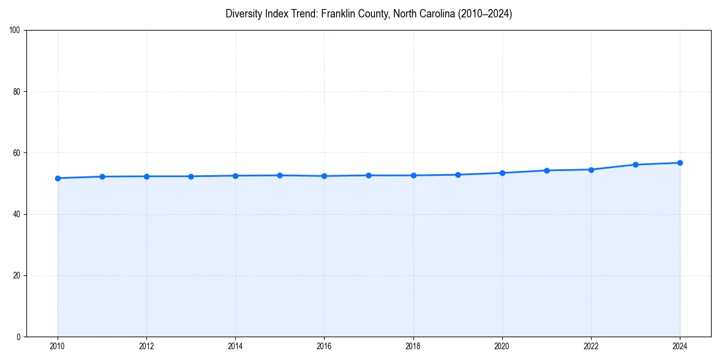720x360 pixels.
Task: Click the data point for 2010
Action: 58,178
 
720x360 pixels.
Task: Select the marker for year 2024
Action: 680,163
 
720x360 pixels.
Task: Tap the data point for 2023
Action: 635,164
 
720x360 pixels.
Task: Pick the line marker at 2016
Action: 324,176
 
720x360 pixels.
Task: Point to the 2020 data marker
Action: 502,173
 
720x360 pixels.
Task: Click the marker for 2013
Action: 191,176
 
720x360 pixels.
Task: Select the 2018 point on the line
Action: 413,175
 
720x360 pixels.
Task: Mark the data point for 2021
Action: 547,170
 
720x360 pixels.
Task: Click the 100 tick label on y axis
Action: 16,31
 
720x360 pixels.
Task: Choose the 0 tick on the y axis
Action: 19,337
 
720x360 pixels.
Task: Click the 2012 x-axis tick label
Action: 146,346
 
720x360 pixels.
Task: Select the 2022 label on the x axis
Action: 591,346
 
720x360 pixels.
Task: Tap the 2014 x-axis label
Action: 235,346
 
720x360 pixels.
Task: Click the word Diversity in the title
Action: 244,14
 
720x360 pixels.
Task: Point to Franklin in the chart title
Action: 338,14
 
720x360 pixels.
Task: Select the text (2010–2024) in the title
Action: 485,14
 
